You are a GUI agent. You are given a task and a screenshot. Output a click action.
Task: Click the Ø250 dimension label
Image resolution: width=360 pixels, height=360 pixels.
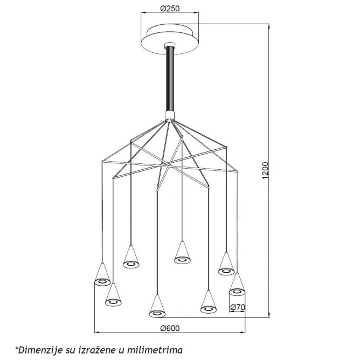coord(170,9)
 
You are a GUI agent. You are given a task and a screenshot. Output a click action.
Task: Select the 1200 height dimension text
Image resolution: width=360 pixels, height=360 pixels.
coord(265,170)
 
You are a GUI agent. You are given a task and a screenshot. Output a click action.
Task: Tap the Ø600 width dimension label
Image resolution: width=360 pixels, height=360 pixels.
coord(170,329)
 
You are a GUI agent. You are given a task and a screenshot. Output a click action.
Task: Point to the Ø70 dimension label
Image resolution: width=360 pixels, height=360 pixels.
coord(238,307)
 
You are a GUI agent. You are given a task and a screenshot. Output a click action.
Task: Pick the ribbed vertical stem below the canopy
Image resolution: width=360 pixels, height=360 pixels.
coord(170,79)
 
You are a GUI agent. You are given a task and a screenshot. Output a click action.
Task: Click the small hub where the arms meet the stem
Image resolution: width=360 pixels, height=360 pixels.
coord(170,116)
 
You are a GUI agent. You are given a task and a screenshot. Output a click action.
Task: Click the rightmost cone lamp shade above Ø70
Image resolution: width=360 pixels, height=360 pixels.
coord(237,284)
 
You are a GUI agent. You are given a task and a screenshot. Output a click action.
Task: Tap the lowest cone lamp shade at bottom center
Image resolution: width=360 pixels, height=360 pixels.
coord(157,306)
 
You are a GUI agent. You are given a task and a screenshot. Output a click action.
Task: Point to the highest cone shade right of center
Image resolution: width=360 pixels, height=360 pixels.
coord(182,252)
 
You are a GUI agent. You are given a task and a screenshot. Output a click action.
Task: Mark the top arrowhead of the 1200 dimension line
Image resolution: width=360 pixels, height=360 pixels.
coord(269,25)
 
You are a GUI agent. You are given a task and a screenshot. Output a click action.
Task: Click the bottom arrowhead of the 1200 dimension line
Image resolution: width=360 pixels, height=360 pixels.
coord(269,315)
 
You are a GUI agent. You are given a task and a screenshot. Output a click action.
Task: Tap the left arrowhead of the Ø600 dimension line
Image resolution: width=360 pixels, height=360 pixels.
coord(98,332)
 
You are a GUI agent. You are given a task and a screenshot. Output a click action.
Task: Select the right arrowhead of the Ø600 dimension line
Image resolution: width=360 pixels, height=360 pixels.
coord(243,332)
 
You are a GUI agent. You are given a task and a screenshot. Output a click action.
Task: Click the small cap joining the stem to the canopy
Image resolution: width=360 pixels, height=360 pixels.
coord(170,45)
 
